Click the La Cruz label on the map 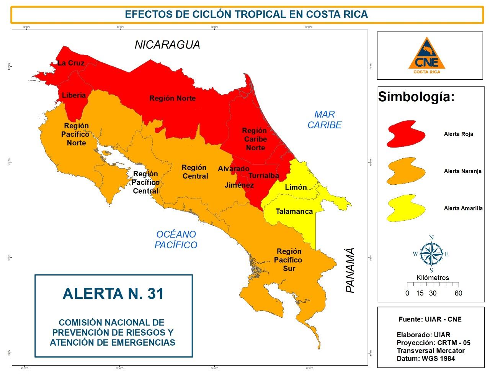point(71,63)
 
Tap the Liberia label point(74,95)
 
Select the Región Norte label point(172,98)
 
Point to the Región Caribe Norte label point(255,139)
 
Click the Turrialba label point(263,176)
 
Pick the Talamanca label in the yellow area point(294,212)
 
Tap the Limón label point(296,187)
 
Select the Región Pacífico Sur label point(289,260)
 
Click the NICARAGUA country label point(167,45)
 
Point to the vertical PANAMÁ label point(350,271)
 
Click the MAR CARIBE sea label point(324,120)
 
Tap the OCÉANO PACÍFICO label point(176,240)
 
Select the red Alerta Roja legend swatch point(405,134)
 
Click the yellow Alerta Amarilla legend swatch point(405,208)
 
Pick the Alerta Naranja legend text point(462,171)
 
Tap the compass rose point(431,254)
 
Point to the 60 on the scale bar point(458,293)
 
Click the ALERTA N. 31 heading point(113,294)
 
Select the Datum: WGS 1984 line point(426,359)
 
